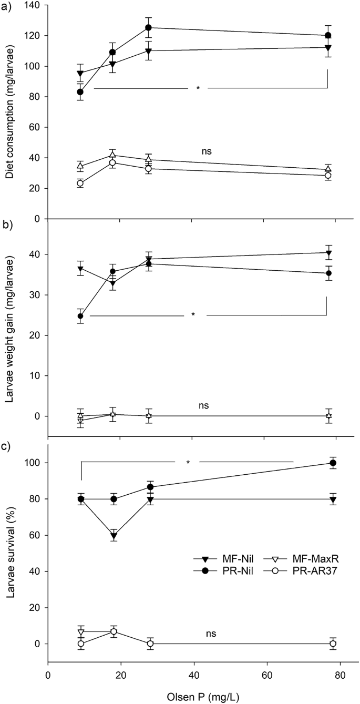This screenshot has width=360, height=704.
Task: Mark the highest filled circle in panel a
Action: click(x=149, y=27)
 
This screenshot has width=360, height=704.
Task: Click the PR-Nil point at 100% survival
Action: click(x=333, y=463)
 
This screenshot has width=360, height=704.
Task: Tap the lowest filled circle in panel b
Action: click(x=81, y=316)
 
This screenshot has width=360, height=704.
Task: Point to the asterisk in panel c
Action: click(x=188, y=463)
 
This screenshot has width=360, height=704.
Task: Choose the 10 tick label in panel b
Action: click(x=37, y=375)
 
